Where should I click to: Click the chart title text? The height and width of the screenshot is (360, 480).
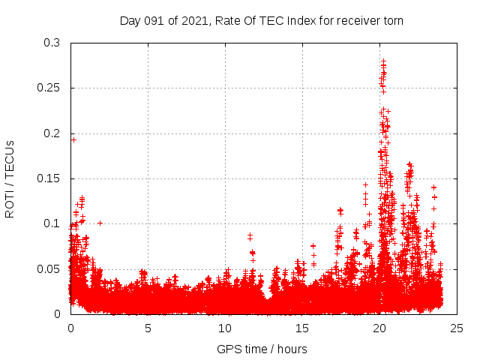pos(262,20)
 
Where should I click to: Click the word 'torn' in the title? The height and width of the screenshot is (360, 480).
pos(392,20)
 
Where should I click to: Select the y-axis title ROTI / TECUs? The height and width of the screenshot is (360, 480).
pos(10,178)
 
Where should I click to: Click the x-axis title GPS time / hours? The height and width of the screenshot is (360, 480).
pos(262,349)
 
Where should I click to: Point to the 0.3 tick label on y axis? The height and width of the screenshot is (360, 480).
pos(52,43)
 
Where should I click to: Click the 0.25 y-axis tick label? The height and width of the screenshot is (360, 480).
pos(49,88)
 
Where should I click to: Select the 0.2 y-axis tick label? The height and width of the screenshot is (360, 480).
pos(52,133)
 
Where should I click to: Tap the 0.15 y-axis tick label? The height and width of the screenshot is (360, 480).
pos(49,178)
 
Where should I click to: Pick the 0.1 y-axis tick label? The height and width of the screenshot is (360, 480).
pos(52,223)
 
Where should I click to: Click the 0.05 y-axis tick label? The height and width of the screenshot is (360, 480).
pos(49,268)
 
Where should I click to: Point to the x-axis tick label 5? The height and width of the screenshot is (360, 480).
pos(148,328)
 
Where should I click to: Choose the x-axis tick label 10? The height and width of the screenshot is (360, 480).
pos(225,328)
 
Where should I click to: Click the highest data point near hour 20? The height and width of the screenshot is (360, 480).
pos(383,61)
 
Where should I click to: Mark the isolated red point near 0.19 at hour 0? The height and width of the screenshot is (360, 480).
pos(73,139)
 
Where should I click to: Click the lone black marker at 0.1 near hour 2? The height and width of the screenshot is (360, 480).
pos(100,223)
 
